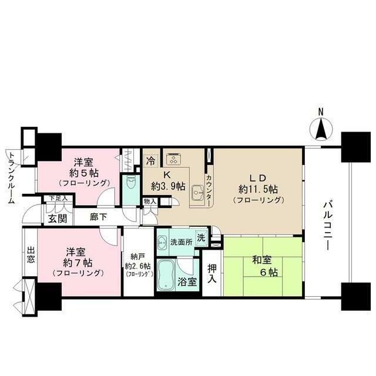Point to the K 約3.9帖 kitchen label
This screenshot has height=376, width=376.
coord(168,180)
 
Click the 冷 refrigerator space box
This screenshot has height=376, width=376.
coord(151,160)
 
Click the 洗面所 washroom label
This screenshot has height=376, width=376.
coord(180,242)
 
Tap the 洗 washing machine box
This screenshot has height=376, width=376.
coord(202,239)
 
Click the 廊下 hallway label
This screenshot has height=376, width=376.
coord(98,216)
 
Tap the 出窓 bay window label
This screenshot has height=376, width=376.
coord(31,257)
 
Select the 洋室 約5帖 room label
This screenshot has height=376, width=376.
coord(82,170)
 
